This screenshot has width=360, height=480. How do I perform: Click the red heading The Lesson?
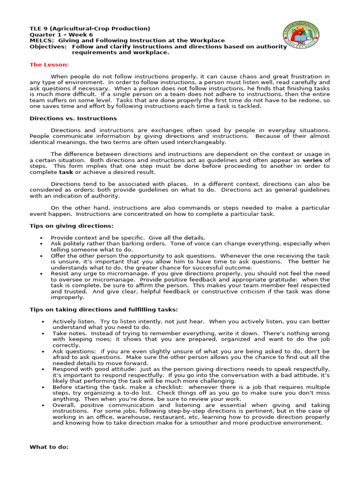49,65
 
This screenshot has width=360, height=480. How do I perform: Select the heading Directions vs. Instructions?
73,119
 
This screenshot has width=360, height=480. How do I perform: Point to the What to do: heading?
49,447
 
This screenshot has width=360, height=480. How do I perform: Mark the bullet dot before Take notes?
43,334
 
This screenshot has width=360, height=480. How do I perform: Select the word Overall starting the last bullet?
63,405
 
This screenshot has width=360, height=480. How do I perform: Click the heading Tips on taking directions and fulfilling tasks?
104,309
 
